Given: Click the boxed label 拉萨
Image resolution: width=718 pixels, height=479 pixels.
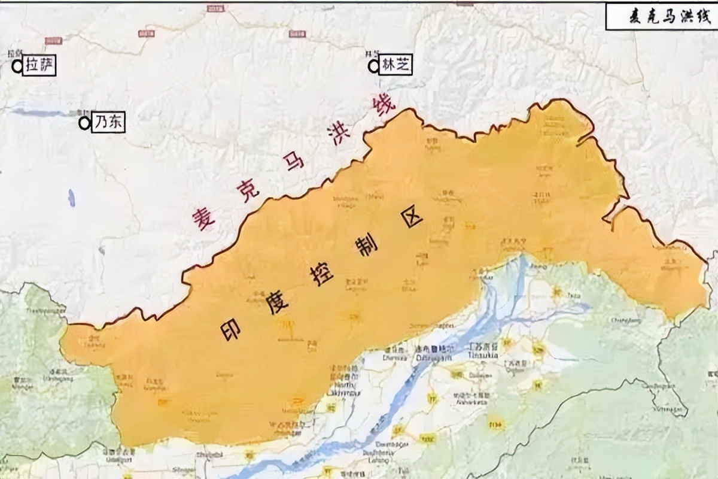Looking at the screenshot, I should pos(39,66).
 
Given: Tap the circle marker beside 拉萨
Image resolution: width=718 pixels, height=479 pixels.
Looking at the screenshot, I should pos(17,66).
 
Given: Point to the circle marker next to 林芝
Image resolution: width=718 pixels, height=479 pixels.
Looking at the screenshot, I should pos(374,66).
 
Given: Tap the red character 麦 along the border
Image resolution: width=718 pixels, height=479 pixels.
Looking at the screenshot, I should pos(203,220).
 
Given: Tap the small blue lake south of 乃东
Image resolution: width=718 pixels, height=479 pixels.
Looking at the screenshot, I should pos(72,198).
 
